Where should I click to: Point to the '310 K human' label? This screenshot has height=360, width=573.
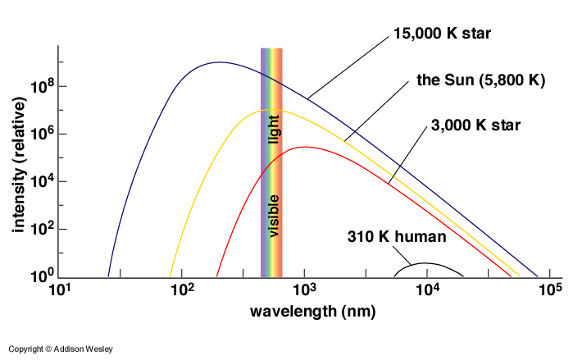(x=395, y=239)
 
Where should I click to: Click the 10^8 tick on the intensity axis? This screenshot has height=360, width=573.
(x=39, y=87)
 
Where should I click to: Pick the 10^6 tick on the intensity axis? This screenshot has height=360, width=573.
(x=39, y=134)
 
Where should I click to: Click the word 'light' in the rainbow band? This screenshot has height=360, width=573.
(x=275, y=130)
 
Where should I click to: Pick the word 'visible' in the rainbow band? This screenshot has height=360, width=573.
(x=275, y=216)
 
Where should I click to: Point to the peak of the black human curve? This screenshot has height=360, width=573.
(x=426, y=263)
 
